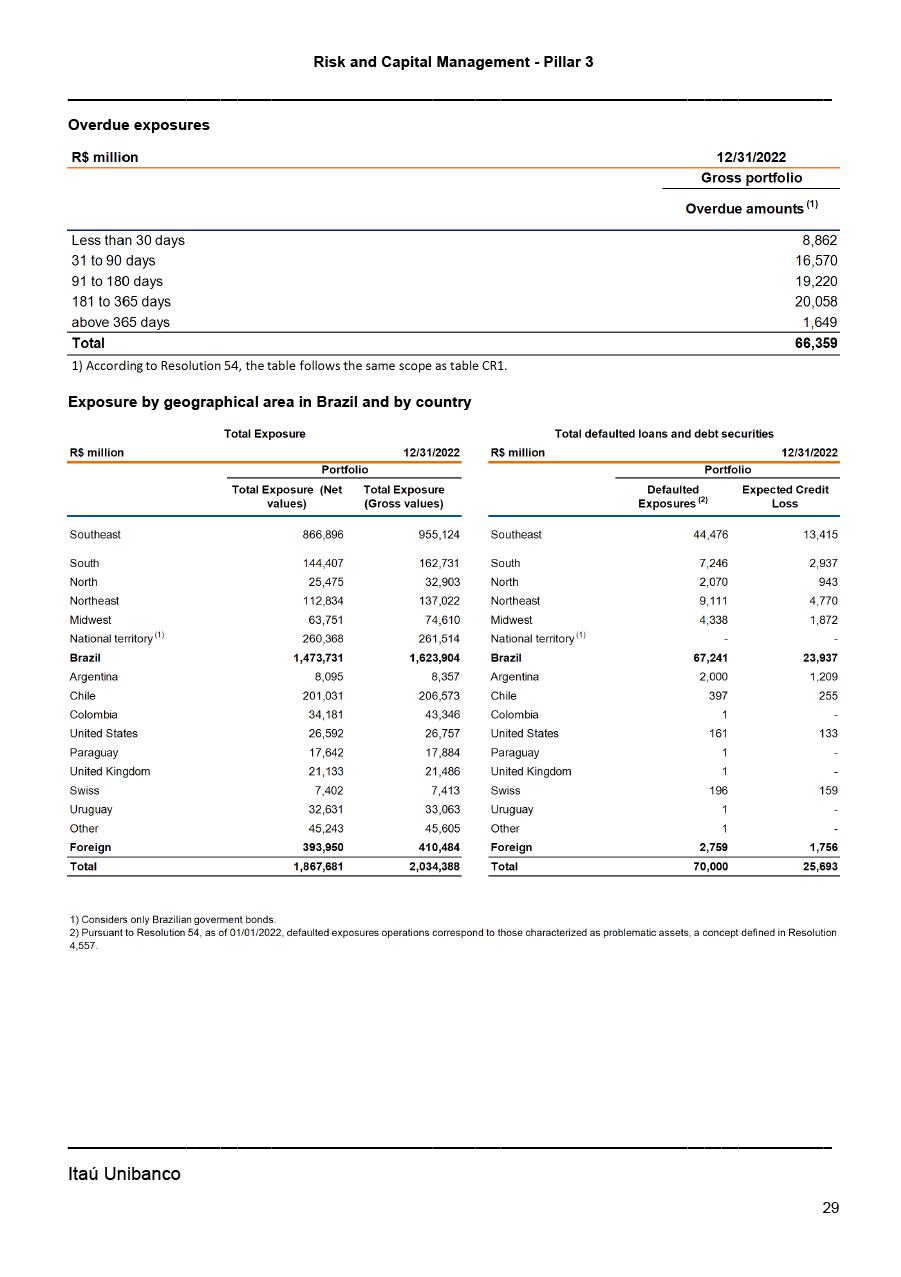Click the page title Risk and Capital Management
[x=453, y=62]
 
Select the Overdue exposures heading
[x=139, y=125]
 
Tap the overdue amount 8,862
[x=818, y=240]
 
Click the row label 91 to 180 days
[x=117, y=281]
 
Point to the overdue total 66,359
[x=817, y=343]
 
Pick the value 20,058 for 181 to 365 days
[x=817, y=301]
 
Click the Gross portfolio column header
[x=751, y=178]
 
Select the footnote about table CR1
[x=289, y=365]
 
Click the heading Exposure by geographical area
[x=269, y=402]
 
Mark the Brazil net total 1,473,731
[x=312, y=658]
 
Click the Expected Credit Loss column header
[x=785, y=496]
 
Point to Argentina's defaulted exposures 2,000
[x=712, y=677]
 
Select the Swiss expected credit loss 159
[x=827, y=790]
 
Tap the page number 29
[x=830, y=1208]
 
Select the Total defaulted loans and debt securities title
[x=664, y=434]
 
